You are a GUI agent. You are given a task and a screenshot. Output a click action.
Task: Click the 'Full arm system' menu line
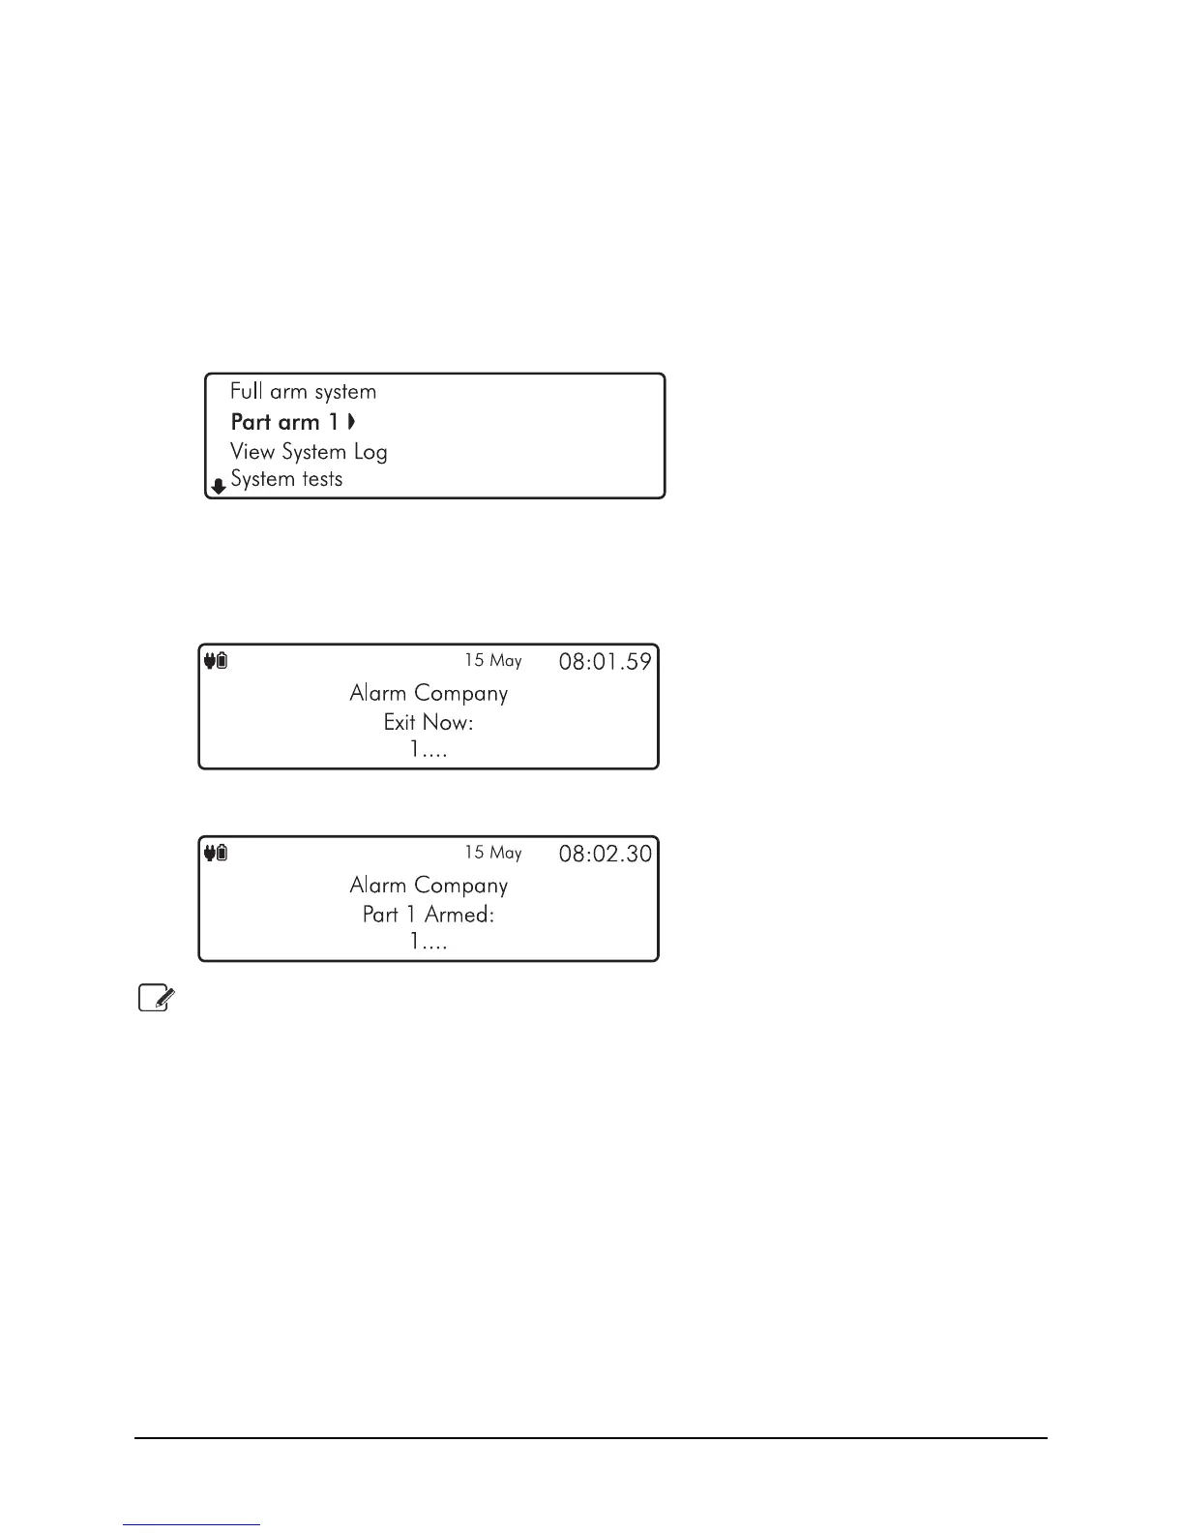pos(303,392)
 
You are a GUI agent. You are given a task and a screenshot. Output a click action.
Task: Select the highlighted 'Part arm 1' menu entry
pos(285,422)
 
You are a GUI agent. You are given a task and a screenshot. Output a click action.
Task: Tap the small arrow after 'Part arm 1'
pos(352,422)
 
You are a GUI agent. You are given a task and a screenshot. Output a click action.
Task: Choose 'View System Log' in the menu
pos(309,452)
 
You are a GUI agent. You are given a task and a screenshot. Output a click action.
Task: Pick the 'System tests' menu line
pos(286,479)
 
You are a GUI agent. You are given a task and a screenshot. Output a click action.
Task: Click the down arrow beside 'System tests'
pos(220,486)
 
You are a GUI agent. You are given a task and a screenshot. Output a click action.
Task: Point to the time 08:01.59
pos(606,662)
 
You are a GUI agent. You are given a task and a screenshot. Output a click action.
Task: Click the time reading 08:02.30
pos(606,854)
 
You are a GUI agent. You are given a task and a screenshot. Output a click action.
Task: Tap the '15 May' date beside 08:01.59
pos(492,661)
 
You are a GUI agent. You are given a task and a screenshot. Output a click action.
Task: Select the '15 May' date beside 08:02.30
pos(492,853)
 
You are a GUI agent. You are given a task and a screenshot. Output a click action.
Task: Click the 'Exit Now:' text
pos(429,723)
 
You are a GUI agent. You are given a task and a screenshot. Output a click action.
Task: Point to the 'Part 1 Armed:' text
pos(429,915)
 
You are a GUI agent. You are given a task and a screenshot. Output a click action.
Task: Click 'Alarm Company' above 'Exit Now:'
pos(429,694)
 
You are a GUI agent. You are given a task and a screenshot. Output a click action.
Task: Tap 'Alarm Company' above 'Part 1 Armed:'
pos(429,886)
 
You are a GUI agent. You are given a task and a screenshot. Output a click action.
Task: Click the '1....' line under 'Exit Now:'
pos(429,750)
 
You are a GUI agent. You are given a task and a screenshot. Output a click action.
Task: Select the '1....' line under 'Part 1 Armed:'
pos(429,942)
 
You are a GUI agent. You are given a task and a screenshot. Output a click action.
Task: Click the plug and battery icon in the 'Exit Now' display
pos(216,661)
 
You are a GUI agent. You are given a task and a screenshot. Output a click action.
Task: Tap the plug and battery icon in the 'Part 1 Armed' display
pos(216,853)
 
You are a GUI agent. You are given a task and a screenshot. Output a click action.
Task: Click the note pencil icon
pos(155,998)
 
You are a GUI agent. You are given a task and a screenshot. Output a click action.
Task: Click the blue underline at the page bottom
pos(192,1524)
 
